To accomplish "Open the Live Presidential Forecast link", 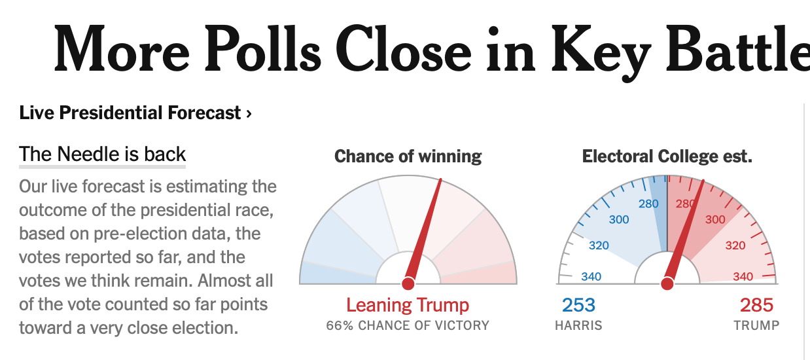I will click(130, 113).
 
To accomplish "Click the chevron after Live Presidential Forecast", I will click(249, 114).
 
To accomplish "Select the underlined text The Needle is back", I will click(103, 154).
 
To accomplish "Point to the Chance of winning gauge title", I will click(408, 156).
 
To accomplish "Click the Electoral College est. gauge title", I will click(667, 156).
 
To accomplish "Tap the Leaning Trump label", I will click(408, 305).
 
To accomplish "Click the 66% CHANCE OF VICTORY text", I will click(408, 325).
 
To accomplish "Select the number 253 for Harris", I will click(578, 305).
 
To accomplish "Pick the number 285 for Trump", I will click(756, 305).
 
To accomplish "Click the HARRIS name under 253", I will click(578, 325).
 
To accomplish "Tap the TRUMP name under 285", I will click(756, 325).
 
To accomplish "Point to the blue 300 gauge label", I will click(619, 219).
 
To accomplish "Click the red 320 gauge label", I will click(735, 246).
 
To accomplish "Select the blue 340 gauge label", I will click(591, 276).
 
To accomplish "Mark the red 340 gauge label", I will click(743, 276).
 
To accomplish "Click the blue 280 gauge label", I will click(648, 204).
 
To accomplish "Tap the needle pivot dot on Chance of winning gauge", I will click(408, 283).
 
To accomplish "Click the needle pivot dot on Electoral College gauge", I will click(667, 283).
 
